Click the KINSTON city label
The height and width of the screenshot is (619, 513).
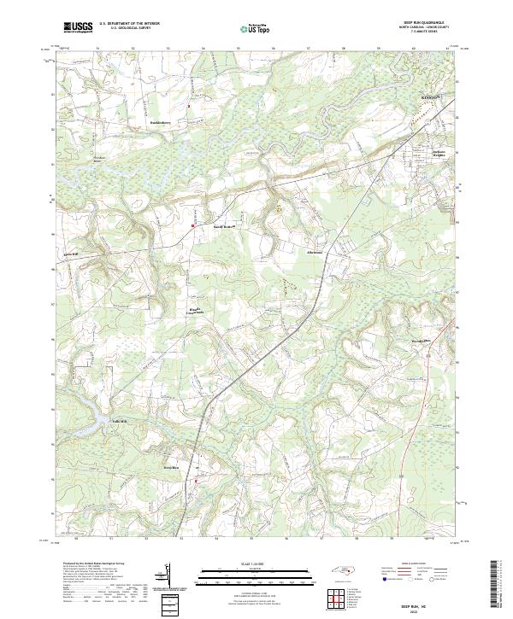[430, 98]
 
